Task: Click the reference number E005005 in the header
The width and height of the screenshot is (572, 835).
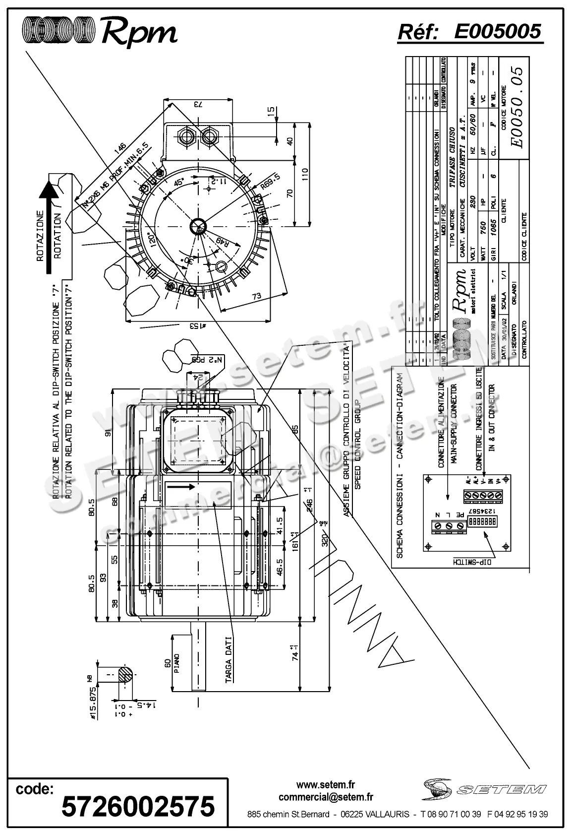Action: point(497,32)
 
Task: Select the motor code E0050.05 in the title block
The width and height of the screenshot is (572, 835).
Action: point(517,107)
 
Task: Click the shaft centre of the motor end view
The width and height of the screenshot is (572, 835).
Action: point(198,227)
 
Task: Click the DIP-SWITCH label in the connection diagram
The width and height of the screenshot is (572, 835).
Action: point(471,563)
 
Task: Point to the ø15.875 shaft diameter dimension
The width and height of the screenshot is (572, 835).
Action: point(91,695)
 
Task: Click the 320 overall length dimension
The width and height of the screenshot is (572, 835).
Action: point(325,538)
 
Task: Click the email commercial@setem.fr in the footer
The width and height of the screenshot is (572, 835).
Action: point(326,797)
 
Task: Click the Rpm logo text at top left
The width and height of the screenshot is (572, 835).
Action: point(139,32)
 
